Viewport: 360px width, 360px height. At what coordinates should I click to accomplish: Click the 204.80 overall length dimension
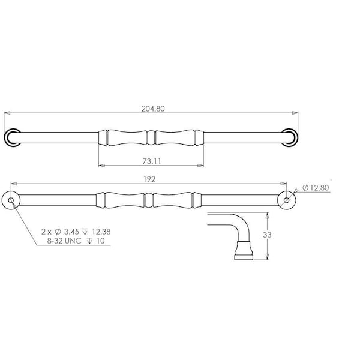[153, 109]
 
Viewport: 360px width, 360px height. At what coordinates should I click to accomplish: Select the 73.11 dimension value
[152, 161]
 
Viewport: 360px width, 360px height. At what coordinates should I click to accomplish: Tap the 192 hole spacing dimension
[149, 179]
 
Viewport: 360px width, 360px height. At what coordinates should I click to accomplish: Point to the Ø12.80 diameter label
[316, 188]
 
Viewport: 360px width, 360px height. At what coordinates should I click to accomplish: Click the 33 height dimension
[267, 235]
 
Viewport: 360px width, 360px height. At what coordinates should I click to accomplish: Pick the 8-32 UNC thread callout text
[64, 241]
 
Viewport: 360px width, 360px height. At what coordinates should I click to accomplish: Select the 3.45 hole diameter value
[71, 232]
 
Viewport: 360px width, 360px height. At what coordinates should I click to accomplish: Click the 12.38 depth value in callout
[101, 232]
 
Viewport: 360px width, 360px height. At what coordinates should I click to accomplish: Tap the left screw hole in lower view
[11, 200]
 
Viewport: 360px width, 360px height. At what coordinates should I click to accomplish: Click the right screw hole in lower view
[287, 200]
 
